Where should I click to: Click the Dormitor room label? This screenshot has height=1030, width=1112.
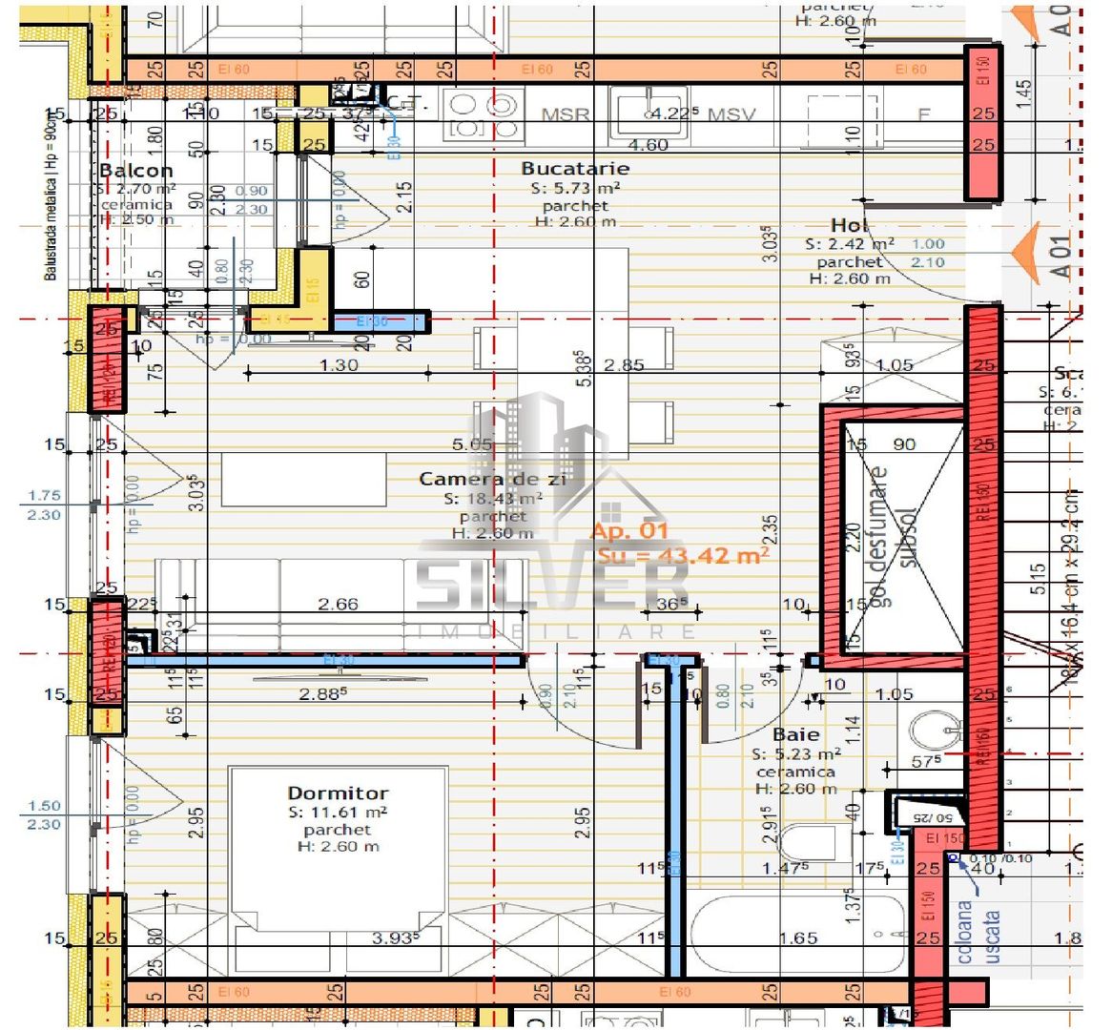coord(338,793)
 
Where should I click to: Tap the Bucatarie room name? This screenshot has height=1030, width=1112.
coord(575,168)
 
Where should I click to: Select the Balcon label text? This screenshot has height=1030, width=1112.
coord(136,171)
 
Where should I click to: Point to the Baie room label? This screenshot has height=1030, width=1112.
coord(795,734)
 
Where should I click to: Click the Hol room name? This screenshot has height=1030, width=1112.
coord(850,225)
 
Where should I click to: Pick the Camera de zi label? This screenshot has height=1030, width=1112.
coord(492,479)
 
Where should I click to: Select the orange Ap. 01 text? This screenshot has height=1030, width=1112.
coord(629,531)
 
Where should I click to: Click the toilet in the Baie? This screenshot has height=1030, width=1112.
coord(811,844)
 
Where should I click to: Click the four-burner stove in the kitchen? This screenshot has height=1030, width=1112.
coord(484,115)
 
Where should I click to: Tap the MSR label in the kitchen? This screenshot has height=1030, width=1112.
coord(565,114)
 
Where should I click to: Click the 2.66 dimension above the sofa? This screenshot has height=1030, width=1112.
coord(338,604)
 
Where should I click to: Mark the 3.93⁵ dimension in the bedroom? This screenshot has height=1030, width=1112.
coord(392,937)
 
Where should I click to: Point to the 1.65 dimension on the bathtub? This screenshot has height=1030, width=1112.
coord(797,937)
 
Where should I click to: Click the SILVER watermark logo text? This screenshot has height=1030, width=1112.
coord(553,585)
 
